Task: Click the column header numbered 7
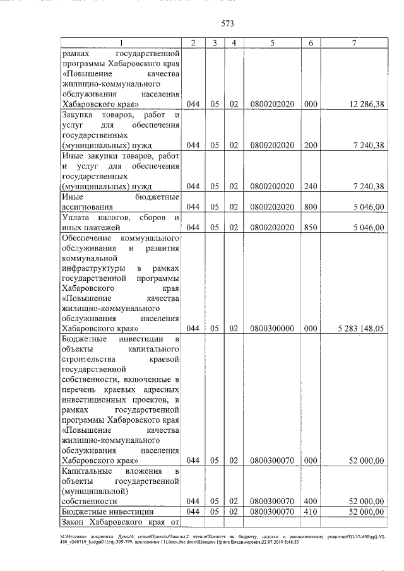(355, 42)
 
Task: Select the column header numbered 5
(271, 42)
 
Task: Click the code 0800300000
(272, 328)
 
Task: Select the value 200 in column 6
(311, 144)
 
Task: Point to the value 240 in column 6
(311, 185)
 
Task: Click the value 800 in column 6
(311, 206)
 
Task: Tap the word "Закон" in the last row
(76, 521)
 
